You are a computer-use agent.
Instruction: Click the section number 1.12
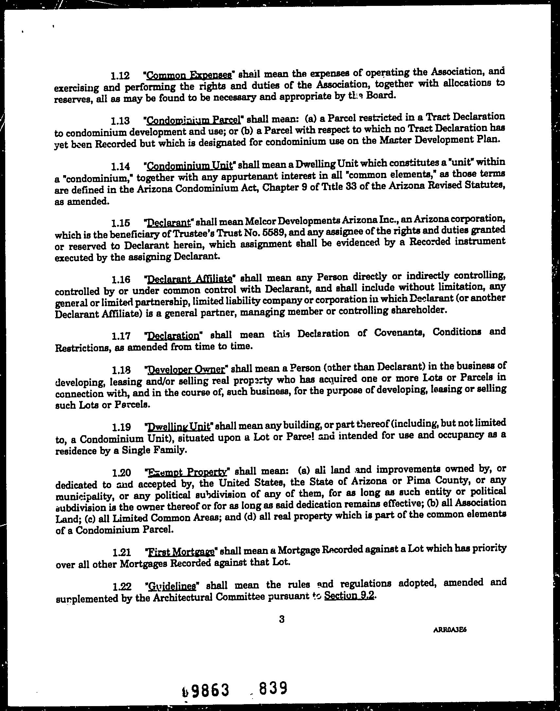pos(120,76)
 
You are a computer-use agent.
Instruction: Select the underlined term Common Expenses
pos(189,75)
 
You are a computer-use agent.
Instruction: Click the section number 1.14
pos(120,166)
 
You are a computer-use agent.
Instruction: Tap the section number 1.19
pos(121,427)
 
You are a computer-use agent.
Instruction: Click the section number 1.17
pos(121,336)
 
